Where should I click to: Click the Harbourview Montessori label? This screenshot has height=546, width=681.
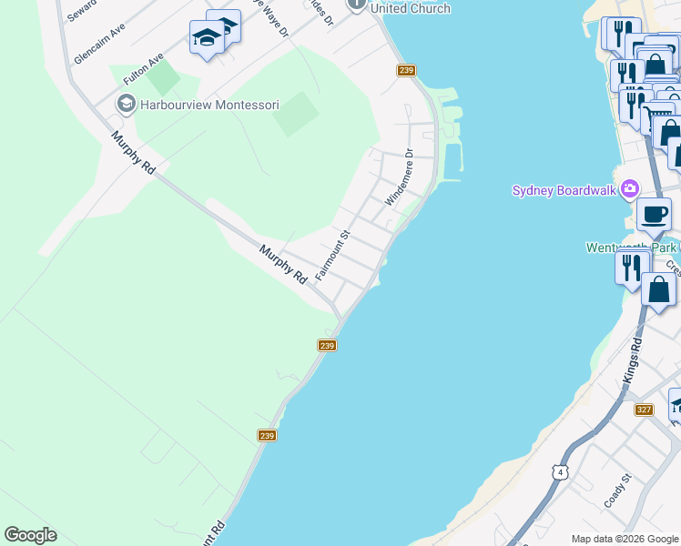(208, 105)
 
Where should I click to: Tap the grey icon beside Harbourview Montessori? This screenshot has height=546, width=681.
(126, 104)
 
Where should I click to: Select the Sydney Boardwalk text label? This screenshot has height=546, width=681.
(564, 190)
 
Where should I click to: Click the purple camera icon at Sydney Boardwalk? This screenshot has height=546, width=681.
(629, 190)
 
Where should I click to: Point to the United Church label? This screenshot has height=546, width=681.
(410, 8)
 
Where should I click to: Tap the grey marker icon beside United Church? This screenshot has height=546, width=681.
(357, 4)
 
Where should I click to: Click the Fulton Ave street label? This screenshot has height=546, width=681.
(143, 69)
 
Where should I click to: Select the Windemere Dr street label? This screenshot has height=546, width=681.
(399, 177)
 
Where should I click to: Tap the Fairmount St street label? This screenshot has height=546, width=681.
(332, 255)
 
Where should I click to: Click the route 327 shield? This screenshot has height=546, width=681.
(645, 409)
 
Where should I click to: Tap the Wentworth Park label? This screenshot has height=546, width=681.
(628, 247)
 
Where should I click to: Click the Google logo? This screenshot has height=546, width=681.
(30, 535)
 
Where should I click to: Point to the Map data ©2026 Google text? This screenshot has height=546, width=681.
(624, 539)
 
